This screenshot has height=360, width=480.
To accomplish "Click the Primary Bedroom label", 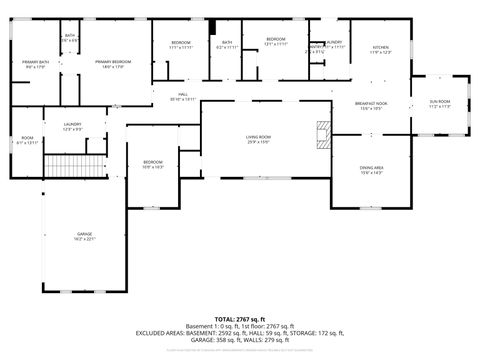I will point(117,62).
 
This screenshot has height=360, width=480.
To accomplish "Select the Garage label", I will point(85,233).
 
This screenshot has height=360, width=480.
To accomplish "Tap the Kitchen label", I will point(381,47).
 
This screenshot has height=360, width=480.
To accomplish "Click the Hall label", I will point(182,93).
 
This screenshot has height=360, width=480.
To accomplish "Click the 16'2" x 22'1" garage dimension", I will point(85,239).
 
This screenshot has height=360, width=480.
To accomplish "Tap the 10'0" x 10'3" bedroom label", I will point(152,167).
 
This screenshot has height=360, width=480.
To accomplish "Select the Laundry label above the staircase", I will point(72,123).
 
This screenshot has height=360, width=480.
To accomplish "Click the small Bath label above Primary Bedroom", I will point(70,35).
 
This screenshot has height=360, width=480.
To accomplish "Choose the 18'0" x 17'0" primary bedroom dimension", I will point(117,68).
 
